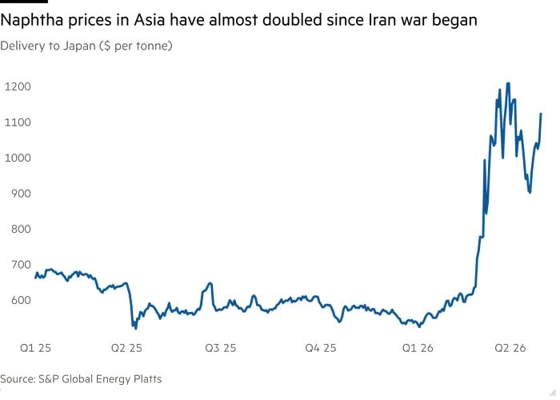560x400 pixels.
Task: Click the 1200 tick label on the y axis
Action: point(18,86)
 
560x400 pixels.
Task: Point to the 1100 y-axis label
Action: point(18,122)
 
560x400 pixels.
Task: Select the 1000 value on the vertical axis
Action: point(18,158)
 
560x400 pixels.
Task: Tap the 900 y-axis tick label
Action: point(21,194)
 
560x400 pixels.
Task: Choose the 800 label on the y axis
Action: point(21,229)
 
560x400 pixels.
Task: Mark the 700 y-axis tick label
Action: point(21,264)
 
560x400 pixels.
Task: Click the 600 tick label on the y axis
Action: point(21,300)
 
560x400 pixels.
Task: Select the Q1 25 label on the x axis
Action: point(35,348)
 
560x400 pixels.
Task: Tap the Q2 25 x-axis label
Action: point(126,348)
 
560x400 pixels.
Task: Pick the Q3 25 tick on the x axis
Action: point(220,348)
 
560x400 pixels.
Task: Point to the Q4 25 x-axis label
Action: point(321,348)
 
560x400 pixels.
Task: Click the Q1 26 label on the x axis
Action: point(418,348)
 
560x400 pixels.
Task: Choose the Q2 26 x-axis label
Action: point(510,348)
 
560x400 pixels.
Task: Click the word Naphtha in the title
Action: point(33,20)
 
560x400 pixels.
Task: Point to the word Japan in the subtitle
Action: point(80,46)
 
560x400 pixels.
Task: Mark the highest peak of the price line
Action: point(508,83)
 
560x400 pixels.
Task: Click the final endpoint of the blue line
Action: point(541,114)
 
